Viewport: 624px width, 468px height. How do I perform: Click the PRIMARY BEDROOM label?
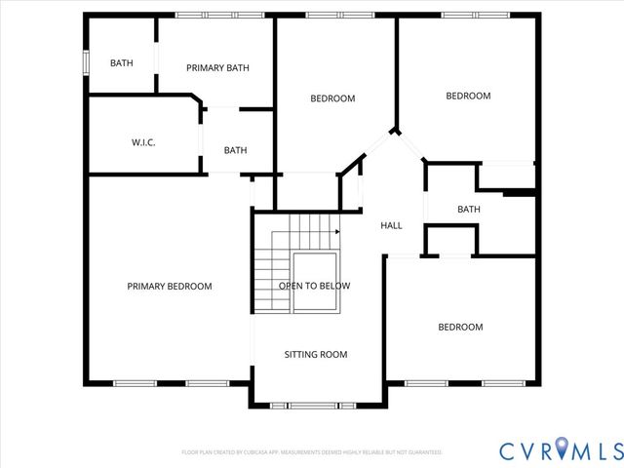[170, 286]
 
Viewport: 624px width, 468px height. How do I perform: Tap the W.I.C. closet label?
[143, 143]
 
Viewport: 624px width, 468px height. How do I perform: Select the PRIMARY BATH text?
[217, 68]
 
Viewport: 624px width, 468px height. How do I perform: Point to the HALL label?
[391, 225]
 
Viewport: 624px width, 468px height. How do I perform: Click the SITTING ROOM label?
[315, 354]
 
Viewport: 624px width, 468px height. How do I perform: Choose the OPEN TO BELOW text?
[314, 286]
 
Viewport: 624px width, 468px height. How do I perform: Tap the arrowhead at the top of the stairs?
[337, 232]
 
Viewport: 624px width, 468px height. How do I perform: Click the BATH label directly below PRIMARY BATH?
[235, 150]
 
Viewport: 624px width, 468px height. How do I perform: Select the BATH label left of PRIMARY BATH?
[122, 63]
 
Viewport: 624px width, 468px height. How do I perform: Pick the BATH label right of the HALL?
[469, 209]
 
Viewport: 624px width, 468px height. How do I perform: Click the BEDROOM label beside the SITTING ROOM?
[459, 327]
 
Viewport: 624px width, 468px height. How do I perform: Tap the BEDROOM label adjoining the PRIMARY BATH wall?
[332, 98]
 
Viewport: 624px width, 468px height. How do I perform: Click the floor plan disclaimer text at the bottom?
[312, 452]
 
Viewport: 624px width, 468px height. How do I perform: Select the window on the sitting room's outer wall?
[315, 405]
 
